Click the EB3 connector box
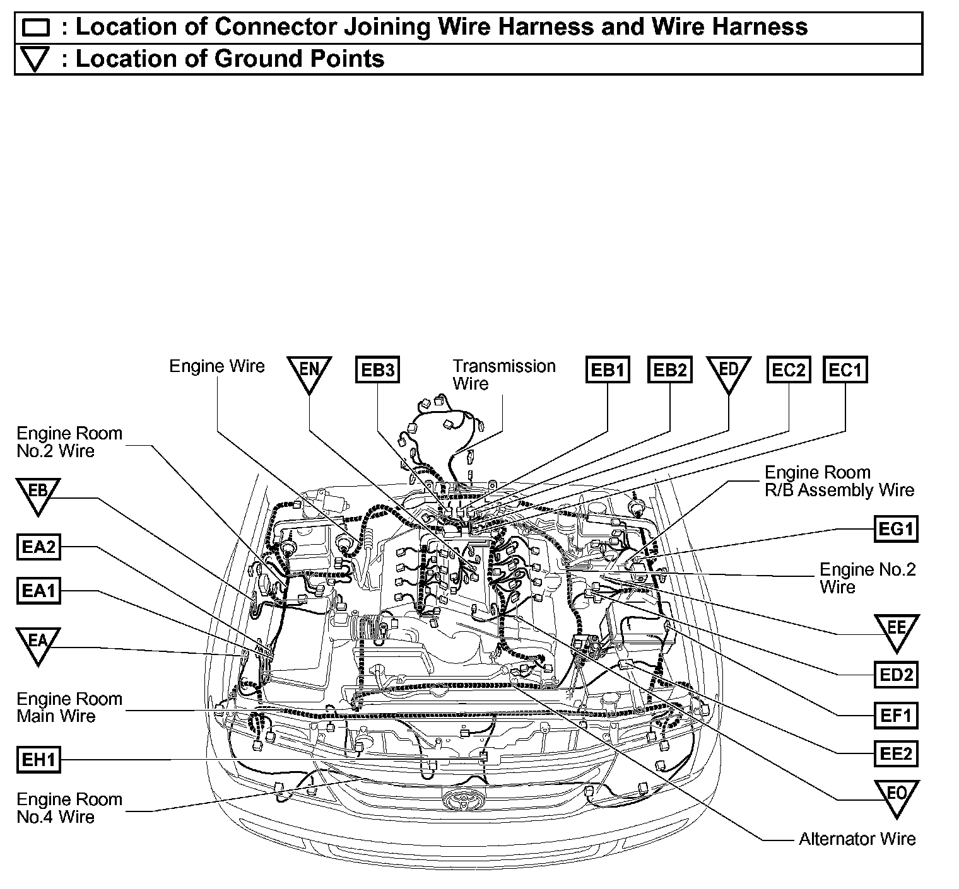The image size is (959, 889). (377, 369)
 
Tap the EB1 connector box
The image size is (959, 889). (608, 369)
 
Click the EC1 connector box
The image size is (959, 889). (845, 369)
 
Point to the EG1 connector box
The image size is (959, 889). (896, 529)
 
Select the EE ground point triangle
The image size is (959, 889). (896, 630)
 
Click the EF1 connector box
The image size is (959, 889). (896, 716)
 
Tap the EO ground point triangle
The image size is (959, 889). (896, 796)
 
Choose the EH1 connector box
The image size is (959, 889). (38, 760)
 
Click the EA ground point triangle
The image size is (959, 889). (38, 643)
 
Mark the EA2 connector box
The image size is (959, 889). (38, 547)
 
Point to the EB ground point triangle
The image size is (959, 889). (38, 493)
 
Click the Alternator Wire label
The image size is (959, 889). (857, 839)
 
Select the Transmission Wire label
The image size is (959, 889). (503, 375)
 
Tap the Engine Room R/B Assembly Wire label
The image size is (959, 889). (839, 481)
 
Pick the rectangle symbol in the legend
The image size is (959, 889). (35, 28)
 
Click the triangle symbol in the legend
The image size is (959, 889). (35, 60)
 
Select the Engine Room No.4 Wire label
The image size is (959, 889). (69, 808)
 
